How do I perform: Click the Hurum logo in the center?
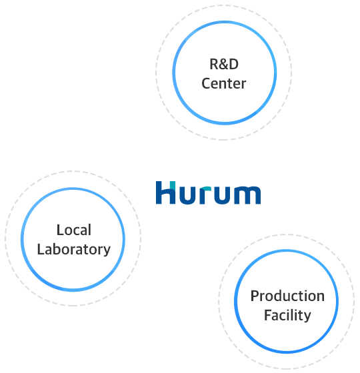coord(208,192)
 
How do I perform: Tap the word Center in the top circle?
coord(224,83)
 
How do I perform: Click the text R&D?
coord(224,64)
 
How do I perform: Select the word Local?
coord(74,230)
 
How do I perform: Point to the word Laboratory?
coord(74,250)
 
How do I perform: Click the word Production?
coord(287,296)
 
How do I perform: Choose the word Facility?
coord(287,316)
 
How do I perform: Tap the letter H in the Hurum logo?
coord(166,192)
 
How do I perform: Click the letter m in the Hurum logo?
coord(247,195)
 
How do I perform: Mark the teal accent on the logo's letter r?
coord(206,189)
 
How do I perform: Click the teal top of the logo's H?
coord(173,185)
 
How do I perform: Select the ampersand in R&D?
coord(224,65)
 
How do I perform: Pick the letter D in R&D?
coord(233,64)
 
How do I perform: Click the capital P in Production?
coord(255,296)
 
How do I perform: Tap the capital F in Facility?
coord(268,315)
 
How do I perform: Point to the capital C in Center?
coord(206,83)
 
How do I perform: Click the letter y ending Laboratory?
coord(107,251)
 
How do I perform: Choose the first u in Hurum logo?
coord(187,195)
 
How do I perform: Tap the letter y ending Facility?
coord(307,317)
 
